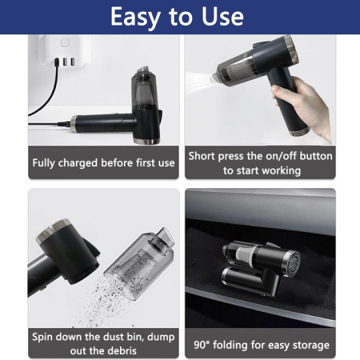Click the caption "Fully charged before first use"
pyautogui.click(x=102, y=163)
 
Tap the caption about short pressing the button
pyautogui.click(x=261, y=162)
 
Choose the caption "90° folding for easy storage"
pyautogui.click(x=261, y=346)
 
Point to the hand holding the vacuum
pyautogui.click(x=307, y=104)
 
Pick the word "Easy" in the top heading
pyautogui.click(x=138, y=17)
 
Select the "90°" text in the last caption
pyautogui.click(x=202, y=346)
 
